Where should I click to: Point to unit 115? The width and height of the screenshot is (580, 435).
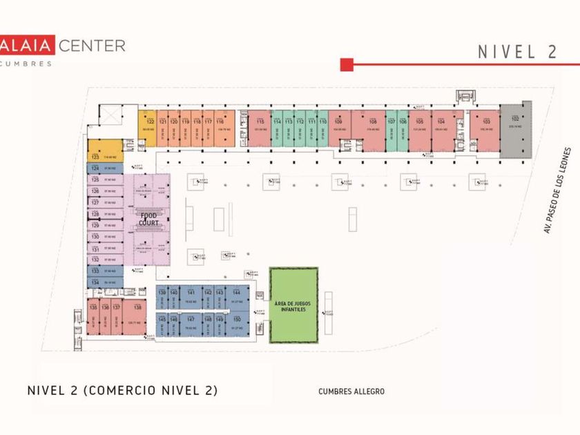tap(260, 128)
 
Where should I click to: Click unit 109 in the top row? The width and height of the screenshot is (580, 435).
tap(339, 128)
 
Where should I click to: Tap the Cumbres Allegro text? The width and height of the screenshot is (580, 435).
tap(351, 391)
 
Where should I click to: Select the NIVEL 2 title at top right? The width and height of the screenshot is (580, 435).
tap(516, 52)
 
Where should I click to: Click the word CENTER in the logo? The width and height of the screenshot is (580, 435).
tap(92, 46)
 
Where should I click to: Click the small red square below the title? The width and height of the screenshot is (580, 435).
tap(347, 65)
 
